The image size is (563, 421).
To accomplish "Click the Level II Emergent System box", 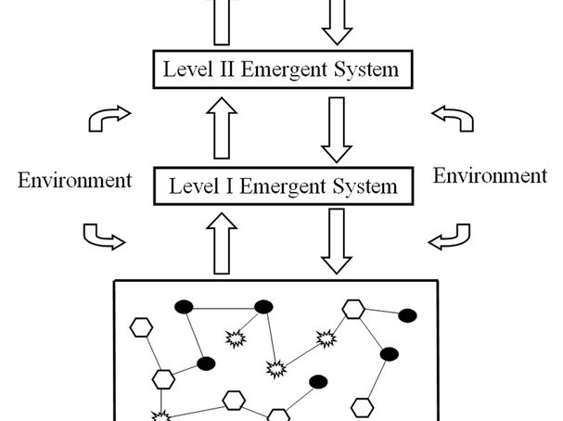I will point(280,69).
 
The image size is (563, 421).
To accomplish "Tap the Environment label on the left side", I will point(74,180).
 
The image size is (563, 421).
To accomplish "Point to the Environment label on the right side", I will point(490,175).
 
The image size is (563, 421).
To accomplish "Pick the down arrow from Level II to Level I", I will point(336,127).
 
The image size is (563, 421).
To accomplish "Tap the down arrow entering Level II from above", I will point(336,21).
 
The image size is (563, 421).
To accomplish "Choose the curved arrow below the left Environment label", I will point(103,237).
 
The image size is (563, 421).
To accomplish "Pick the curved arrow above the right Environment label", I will point(453,118).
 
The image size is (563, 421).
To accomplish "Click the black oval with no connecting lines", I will point(318,381).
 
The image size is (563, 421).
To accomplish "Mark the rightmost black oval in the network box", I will point(407,316).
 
